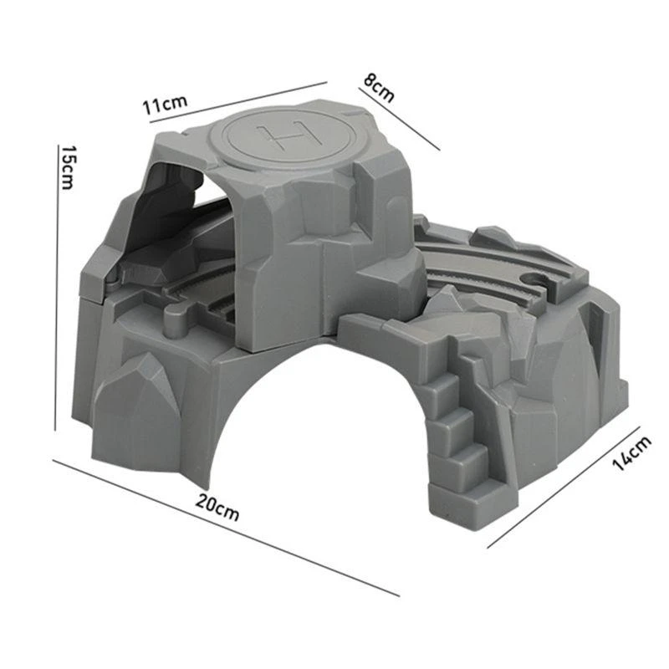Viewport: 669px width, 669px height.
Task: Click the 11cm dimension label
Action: pyautogui.click(x=163, y=105)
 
